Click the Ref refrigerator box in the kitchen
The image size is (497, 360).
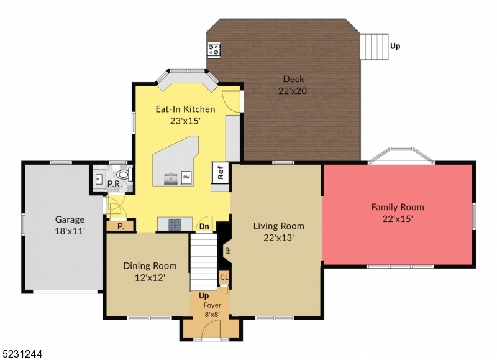point(221,172)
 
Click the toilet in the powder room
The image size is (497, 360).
point(123,176)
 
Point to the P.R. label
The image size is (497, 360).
point(114,184)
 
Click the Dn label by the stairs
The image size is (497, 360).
point(203,227)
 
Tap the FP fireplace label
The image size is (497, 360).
point(227,251)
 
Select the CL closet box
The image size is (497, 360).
point(223,277)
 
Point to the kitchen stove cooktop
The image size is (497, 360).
point(174,224)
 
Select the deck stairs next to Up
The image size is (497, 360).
point(375,46)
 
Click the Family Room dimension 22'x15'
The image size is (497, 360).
point(398,219)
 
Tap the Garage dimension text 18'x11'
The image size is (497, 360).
point(70,231)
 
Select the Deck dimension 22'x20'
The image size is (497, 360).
point(294,90)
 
